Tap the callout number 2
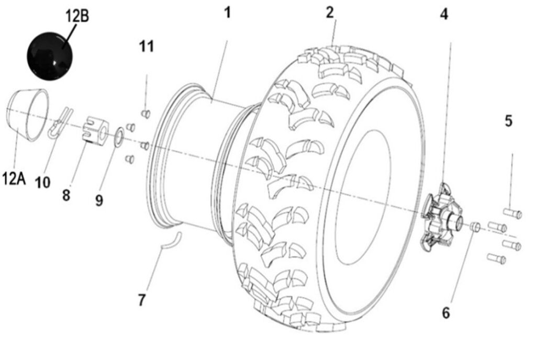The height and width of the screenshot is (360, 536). tap(330, 13)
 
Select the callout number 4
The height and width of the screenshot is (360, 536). tap(444, 15)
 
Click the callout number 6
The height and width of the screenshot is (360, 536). tap(446, 313)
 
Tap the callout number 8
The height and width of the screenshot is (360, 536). tap(66, 195)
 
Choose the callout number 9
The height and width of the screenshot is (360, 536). tap(99, 200)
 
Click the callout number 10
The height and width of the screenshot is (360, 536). tap(43, 182)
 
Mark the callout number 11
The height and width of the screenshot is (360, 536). tap(147, 47)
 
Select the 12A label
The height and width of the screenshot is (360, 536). tap(14, 179)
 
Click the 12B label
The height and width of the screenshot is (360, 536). tap(77, 16)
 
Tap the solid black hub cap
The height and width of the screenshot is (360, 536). tap(50, 54)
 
